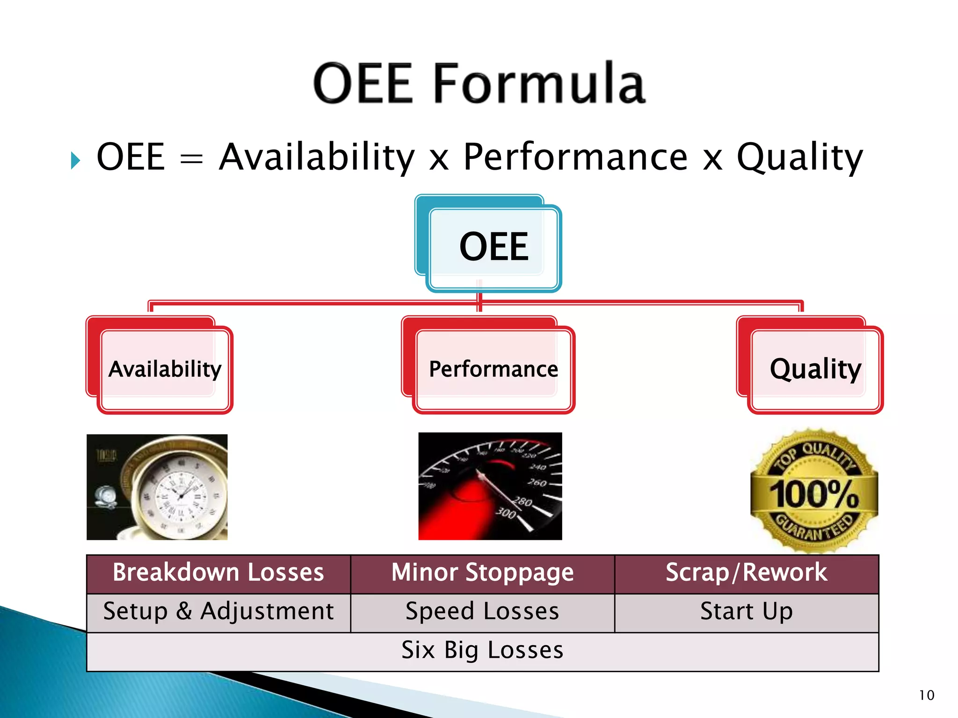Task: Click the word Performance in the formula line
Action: pos(575,157)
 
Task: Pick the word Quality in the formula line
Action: pos(799,157)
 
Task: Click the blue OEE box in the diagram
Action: pos(494,247)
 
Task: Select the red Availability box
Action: pos(165,369)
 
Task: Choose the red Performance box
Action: pos(493,369)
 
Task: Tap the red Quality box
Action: pos(815,369)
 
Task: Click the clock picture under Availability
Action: pos(157,487)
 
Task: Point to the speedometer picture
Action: pos(490,486)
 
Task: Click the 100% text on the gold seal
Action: pos(814,494)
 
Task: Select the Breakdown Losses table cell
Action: pos(218,573)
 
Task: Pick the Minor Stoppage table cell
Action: pos(482,573)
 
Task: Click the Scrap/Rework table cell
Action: pos(746,573)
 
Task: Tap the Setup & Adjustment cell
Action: pos(218,612)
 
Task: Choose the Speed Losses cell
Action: pos(482,612)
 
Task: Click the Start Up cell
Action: pos(746,612)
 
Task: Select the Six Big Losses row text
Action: pos(482,650)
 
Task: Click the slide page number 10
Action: pos(926,695)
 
